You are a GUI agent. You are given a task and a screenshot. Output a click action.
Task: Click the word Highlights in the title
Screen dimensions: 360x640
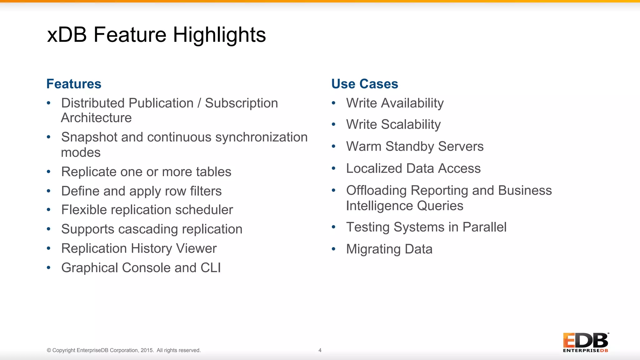[219, 35]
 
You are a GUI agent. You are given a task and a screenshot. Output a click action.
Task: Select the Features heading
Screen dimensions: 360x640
[74, 84]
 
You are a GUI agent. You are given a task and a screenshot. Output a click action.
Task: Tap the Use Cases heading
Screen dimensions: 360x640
[364, 84]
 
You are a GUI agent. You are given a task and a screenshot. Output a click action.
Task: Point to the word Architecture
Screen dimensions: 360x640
[96, 118]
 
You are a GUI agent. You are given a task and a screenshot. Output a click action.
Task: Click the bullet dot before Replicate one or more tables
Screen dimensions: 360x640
[48, 172]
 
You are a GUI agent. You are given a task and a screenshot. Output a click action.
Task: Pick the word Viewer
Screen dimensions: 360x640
[196, 248]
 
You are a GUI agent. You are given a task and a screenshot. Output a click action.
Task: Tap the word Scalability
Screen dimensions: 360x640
[411, 124]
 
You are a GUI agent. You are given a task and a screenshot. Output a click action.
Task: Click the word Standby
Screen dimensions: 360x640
[410, 147]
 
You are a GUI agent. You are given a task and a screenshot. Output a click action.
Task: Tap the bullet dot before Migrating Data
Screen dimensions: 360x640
[333, 249]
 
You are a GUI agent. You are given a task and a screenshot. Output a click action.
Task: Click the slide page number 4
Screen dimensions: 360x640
[320, 350]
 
